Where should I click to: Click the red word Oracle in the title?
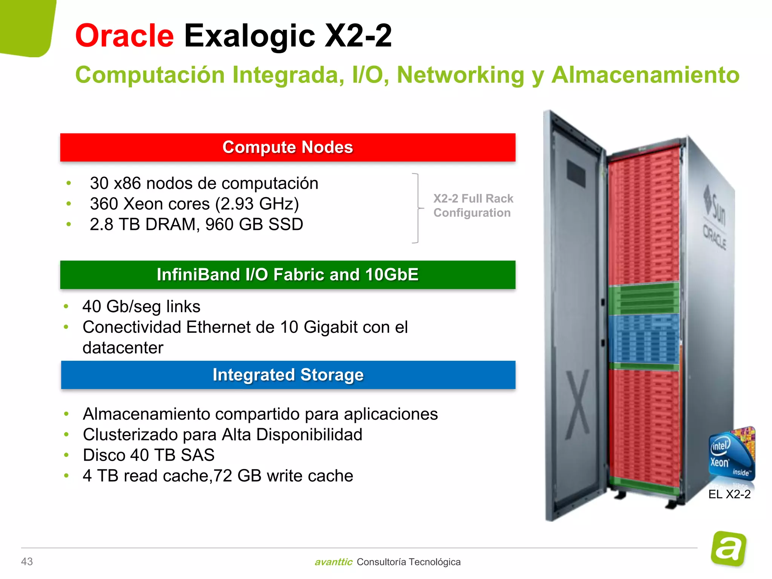coord(124,36)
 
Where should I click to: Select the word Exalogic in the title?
coord(249,36)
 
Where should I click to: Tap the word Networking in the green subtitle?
coord(460,75)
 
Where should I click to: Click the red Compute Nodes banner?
coord(288,147)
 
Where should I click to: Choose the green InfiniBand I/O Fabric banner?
coord(288,275)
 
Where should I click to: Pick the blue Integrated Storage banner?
coord(288,375)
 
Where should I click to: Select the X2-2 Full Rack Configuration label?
coord(473,206)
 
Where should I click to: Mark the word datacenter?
coord(123,348)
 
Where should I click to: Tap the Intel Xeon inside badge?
coord(731,454)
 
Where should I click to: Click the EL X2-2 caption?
coord(729,494)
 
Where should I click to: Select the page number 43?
coord(27,562)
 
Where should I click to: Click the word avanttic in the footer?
coord(333,562)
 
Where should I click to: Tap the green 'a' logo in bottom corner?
coord(728,548)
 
